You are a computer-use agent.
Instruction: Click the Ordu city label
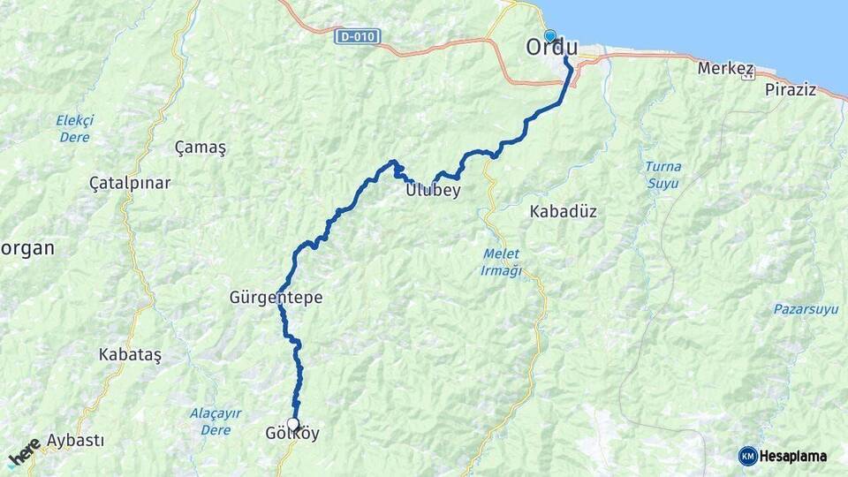(551, 49)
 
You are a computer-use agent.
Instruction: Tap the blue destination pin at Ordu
(550, 36)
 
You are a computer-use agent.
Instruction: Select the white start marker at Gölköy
(293, 424)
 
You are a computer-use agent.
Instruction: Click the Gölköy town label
(292, 435)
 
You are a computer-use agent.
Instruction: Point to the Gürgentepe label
(276, 299)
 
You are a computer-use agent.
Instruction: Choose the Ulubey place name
(433, 190)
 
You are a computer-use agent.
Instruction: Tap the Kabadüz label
(563, 212)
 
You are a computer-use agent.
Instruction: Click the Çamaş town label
(201, 148)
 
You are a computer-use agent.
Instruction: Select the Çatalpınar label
(130, 183)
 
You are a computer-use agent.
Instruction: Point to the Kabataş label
(130, 353)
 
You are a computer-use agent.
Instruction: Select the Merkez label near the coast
(725, 68)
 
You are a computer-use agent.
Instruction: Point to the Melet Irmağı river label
(501, 262)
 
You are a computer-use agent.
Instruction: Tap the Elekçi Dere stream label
(74, 128)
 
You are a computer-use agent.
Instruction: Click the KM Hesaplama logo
(783, 456)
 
